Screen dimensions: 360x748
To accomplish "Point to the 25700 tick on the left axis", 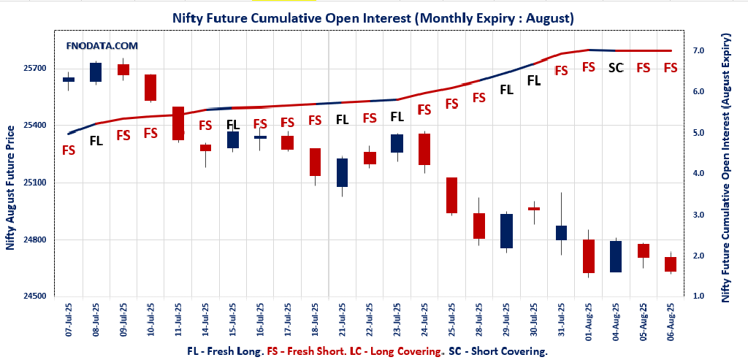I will click(36, 68).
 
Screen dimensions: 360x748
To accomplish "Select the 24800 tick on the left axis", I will click(36, 240).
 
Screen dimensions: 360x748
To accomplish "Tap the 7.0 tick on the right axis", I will click(699, 50).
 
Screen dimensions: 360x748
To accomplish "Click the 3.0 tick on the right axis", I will click(699, 215).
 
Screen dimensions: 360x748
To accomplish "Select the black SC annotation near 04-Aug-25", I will click(616, 68).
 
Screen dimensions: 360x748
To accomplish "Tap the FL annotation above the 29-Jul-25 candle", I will click(506, 90).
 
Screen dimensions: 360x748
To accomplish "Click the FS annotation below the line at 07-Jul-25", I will click(69, 150).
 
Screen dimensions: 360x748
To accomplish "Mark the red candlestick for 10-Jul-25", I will click(150, 88).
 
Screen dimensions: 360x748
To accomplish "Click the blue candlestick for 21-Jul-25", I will click(342, 173).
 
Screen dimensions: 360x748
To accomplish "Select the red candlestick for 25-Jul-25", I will click(451, 195).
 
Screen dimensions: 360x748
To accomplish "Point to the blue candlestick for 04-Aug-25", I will click(616, 256).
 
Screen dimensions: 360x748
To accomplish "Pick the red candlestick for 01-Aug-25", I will click(589, 256).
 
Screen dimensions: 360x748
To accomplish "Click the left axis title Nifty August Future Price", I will click(10, 188).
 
